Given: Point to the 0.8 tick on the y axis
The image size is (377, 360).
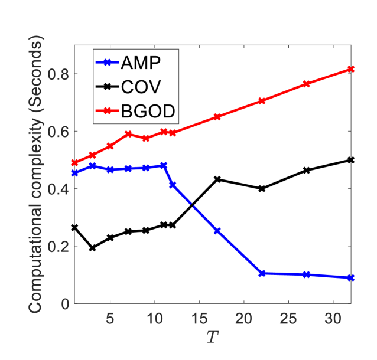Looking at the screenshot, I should [58, 74].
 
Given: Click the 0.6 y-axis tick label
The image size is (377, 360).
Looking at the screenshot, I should [58, 132].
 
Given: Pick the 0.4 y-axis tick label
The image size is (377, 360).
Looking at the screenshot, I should [58, 189].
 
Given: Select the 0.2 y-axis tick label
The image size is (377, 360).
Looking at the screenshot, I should [58, 246].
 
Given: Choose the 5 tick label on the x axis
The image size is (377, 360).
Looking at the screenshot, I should [110, 319].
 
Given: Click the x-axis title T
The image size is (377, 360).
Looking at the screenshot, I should [212, 338].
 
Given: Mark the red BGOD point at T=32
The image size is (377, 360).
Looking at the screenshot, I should [351, 69].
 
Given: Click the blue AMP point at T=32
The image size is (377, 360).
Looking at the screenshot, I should [351, 277].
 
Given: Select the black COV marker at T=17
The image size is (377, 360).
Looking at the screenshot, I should [217, 179].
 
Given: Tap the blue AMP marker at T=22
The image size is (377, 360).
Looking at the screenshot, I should [262, 273].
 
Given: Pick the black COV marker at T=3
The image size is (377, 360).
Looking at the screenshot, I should [92, 248].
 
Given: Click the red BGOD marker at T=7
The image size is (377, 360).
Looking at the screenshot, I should [128, 134].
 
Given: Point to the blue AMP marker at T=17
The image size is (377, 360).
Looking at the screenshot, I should [217, 231].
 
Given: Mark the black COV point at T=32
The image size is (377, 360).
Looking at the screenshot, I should [351, 160].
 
